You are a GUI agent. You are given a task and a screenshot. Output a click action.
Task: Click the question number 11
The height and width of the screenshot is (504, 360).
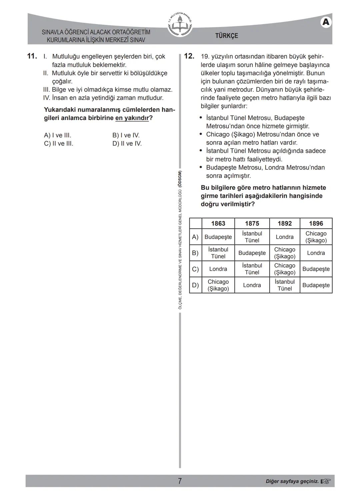(x=32, y=56)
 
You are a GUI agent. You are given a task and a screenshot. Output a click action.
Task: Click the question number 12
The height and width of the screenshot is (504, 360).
(x=189, y=56)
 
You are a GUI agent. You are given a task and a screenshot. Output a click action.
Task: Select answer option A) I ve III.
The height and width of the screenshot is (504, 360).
(x=57, y=135)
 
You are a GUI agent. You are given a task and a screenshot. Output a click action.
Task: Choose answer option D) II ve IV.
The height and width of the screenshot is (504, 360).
(x=127, y=144)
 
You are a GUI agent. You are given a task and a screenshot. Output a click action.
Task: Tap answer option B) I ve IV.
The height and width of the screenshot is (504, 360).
(x=126, y=135)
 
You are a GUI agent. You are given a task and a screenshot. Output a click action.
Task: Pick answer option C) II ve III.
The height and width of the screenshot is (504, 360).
(x=58, y=144)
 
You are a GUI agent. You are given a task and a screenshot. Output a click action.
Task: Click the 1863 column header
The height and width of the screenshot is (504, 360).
(x=218, y=223)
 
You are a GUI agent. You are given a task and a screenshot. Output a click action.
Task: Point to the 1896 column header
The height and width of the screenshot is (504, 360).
(x=316, y=223)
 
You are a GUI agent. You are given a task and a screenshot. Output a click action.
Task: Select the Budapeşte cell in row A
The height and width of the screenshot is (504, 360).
(x=218, y=237)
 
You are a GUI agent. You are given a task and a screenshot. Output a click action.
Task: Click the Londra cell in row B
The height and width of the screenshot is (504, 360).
(x=316, y=253)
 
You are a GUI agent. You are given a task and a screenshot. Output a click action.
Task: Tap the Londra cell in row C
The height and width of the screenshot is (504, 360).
(x=218, y=269)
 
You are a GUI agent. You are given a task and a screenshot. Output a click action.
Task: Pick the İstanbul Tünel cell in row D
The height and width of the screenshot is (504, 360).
(x=284, y=285)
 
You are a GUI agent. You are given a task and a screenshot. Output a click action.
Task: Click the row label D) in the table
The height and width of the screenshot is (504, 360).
(x=195, y=285)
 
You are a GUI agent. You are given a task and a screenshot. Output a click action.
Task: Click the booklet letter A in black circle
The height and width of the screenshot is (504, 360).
(x=326, y=22)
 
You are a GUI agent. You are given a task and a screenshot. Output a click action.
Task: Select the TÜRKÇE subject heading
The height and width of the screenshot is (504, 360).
(x=227, y=36)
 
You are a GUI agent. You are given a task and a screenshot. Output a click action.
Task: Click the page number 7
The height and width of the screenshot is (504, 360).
(x=180, y=481)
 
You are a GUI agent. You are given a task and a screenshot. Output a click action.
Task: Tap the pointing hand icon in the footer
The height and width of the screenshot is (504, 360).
(x=326, y=481)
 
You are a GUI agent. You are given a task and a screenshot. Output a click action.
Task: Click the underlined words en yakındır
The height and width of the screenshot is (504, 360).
(x=132, y=118)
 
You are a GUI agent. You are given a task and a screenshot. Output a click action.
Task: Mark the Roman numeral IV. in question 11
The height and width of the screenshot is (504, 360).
(x=47, y=98)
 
